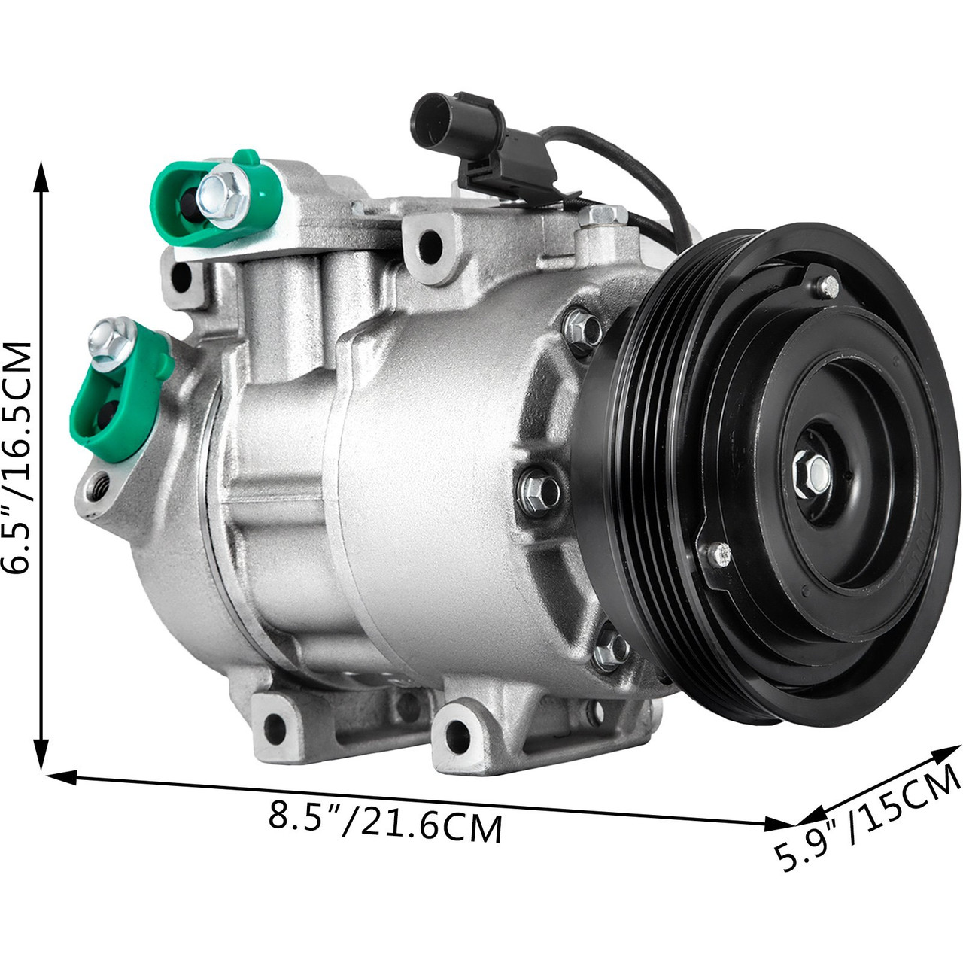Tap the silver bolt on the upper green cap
point(221,195)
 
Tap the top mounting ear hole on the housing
point(430,242)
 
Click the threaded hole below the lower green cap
point(99,485)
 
